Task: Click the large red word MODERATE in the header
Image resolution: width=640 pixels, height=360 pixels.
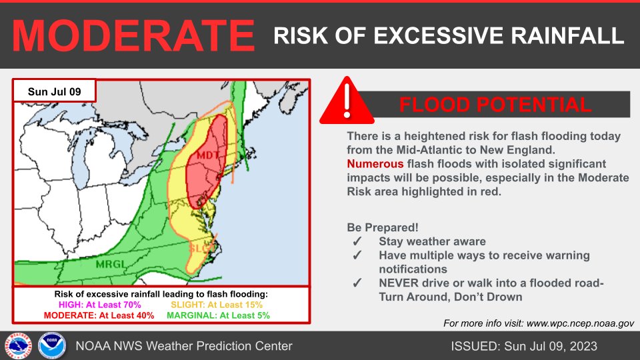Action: pos(133,35)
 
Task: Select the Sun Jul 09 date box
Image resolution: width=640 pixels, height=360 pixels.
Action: pos(55,91)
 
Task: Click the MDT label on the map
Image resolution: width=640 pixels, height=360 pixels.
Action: pos(207,155)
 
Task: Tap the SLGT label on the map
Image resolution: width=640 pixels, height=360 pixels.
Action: pos(201,249)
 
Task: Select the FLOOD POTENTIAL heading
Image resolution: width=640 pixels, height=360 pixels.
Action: pos(495,105)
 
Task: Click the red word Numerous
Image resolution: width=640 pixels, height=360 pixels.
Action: pos(375,163)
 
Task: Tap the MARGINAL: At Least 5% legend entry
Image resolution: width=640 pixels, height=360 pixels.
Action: pos(218,315)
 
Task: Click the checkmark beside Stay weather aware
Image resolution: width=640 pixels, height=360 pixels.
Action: pos(357,241)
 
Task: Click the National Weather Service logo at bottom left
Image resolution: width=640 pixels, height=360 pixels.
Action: pos(15,345)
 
